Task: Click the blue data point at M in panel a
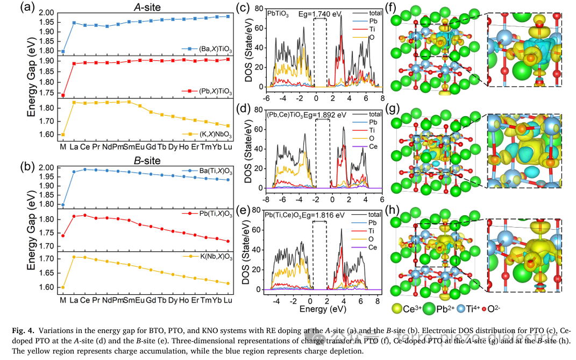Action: tap(63, 52)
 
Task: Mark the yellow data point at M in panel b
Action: tap(63, 287)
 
